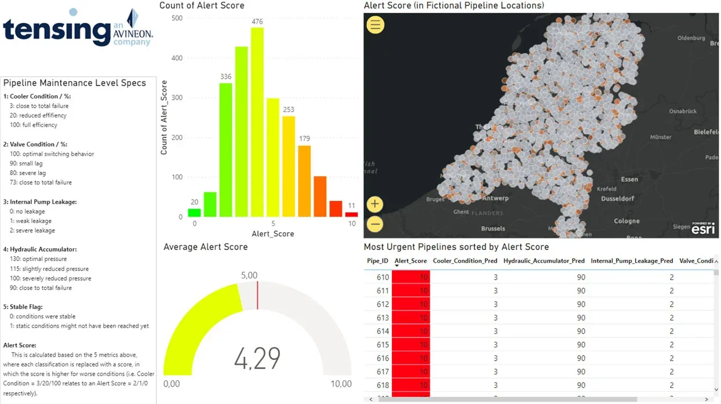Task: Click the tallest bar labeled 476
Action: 257,122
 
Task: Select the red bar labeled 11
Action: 351,214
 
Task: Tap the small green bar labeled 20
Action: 194,213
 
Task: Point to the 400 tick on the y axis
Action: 177,58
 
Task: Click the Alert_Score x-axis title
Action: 272,234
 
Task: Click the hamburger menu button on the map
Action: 376,24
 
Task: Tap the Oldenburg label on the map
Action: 691,38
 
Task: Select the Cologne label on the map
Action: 627,221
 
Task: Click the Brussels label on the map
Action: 493,229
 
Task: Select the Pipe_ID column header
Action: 377,261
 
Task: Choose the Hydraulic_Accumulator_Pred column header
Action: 544,261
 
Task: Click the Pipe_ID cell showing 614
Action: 383,331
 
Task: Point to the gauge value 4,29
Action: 257,358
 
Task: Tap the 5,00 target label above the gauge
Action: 249,276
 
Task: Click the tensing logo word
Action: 56,30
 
